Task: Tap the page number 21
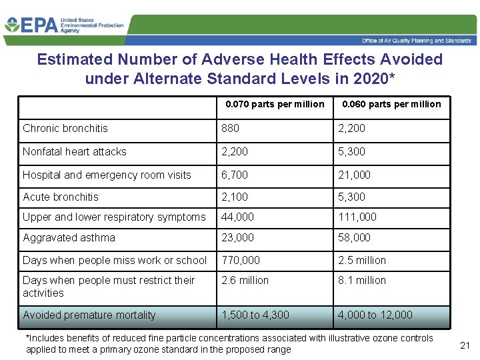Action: [x=465, y=345]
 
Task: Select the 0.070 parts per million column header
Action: [x=275, y=104]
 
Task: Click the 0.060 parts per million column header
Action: [x=391, y=104]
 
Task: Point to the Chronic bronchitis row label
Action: [x=65, y=128]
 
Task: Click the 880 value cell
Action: [x=231, y=128]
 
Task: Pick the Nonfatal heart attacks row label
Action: [x=75, y=151]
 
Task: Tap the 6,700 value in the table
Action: [x=235, y=175]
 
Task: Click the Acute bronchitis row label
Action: [x=61, y=197]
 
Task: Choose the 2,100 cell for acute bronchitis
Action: [x=235, y=197]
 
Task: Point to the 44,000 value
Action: [x=238, y=217]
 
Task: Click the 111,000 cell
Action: [x=357, y=217]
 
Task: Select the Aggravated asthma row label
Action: [x=69, y=237]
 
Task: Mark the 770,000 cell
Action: [x=241, y=260]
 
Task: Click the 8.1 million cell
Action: [x=362, y=280]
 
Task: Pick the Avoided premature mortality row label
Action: [x=89, y=315]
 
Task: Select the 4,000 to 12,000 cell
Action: [x=375, y=315]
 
